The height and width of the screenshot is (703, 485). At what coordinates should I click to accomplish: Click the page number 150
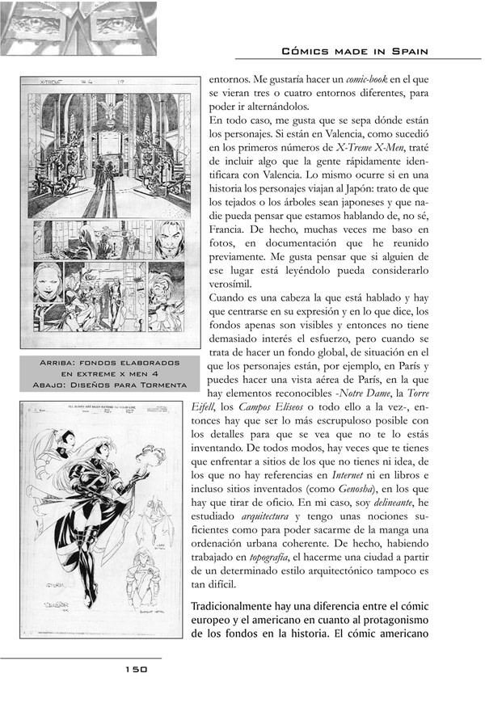point(135,669)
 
